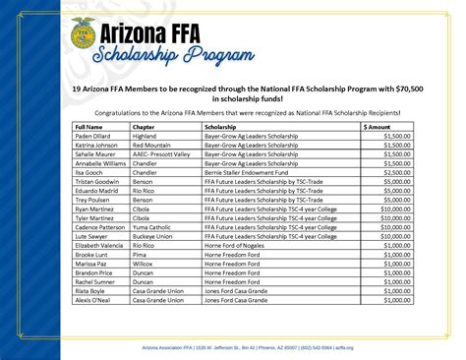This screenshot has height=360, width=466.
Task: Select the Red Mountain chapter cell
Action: point(152,146)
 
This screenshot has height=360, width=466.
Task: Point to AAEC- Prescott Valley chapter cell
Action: point(163,154)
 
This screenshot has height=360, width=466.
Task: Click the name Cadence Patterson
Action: point(102,227)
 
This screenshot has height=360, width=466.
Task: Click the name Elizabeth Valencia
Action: point(102,245)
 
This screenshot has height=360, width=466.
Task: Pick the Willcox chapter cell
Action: point(144,264)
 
